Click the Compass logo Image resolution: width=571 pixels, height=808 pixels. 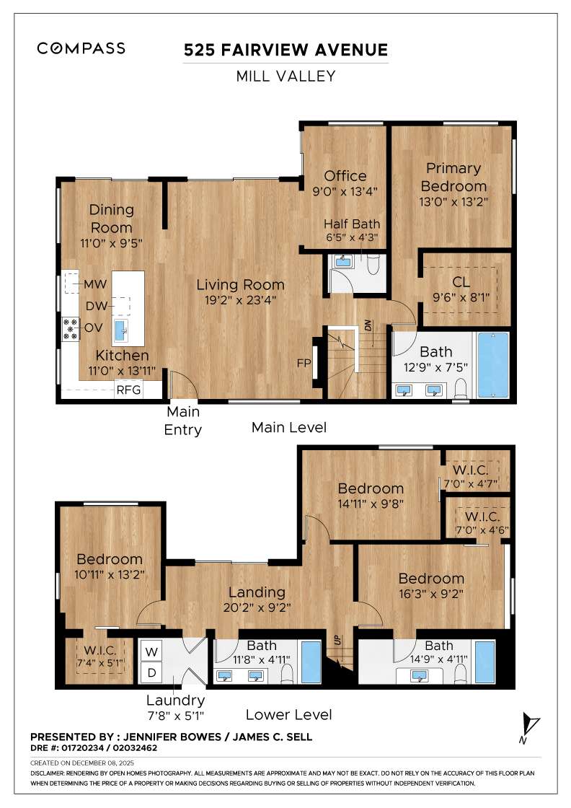click(x=81, y=48)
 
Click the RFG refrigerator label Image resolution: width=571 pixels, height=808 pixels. click(x=128, y=390)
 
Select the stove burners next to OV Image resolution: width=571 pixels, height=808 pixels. click(x=71, y=328)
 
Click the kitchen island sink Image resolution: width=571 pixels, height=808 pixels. click(x=120, y=331)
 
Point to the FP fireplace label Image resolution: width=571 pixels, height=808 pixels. click(x=302, y=363)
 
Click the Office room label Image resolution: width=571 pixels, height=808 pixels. click(x=345, y=175)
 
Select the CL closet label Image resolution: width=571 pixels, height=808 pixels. click(x=461, y=281)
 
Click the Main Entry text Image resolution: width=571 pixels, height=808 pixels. click(x=184, y=421)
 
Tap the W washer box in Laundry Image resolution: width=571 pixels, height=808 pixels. click(x=152, y=651)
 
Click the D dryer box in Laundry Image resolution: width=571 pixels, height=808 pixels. click(x=152, y=673)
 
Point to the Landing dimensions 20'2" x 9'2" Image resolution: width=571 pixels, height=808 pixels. click(x=257, y=607)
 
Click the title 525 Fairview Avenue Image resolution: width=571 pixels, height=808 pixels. click(x=285, y=50)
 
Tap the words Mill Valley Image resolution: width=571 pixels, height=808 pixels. click(x=285, y=76)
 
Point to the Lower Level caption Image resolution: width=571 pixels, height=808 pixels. click(x=288, y=714)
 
